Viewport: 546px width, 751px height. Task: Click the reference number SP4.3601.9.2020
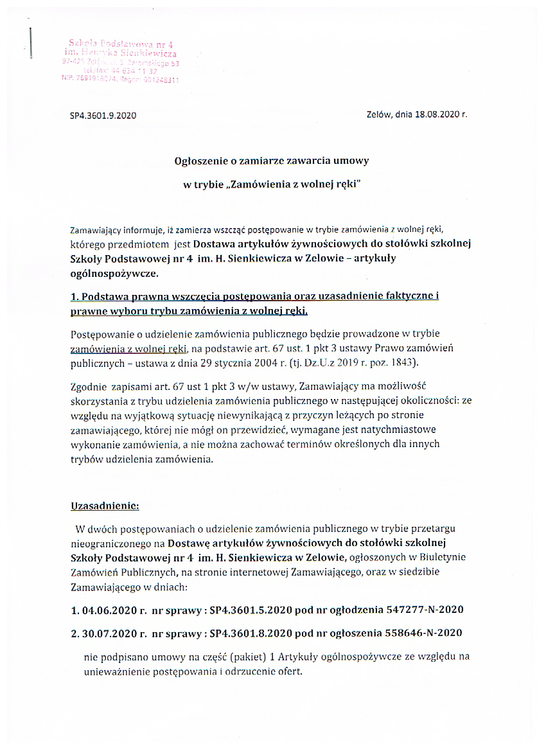pyautogui.click(x=103, y=116)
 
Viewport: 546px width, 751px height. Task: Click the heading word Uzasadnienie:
pyautogui.click(x=104, y=505)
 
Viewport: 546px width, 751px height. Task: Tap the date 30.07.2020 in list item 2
pyautogui.click(x=110, y=633)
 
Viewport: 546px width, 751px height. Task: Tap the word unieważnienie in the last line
pyautogui.click(x=115, y=673)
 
